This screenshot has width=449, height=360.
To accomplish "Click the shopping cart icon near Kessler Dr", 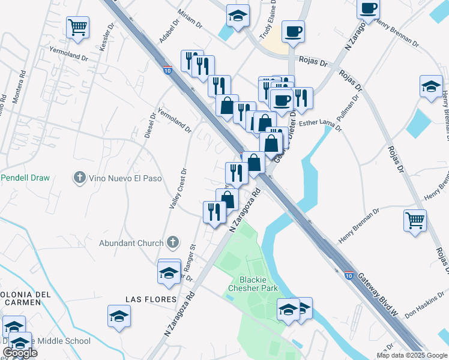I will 77,27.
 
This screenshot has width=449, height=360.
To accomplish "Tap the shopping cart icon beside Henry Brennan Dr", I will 415,220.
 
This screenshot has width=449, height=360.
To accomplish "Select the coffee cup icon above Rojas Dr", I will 293,31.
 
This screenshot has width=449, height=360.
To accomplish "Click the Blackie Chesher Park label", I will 253,284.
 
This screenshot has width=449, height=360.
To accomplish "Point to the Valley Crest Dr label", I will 178,188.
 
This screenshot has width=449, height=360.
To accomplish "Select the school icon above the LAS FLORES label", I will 169,272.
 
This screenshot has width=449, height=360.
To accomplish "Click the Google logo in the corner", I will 20,353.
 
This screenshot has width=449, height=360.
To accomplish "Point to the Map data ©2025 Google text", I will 412,355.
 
